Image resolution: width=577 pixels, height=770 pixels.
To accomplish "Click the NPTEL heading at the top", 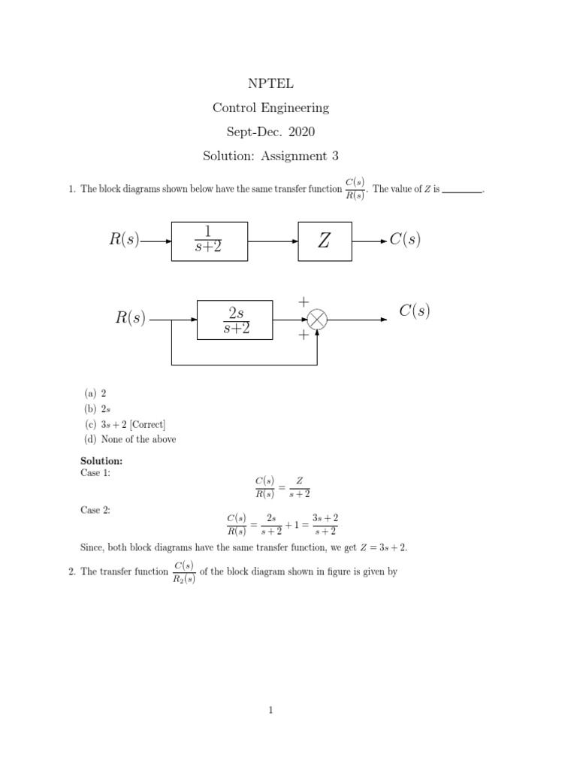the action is (270, 83).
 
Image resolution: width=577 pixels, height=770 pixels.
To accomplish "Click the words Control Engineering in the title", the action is (270, 108).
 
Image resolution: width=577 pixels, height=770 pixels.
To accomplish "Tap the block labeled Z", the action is (325, 241).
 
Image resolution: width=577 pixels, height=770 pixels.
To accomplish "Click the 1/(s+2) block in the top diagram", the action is (209, 241).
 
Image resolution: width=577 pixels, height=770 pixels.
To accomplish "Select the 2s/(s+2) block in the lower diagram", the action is (234, 319).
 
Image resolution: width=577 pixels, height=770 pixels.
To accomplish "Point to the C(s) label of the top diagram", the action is (405, 241).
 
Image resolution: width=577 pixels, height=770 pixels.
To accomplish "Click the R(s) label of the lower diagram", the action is (130, 318).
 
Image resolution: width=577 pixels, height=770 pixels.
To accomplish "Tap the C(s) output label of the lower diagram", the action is (415, 311).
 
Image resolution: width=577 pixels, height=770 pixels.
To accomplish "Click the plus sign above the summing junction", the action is (304, 301).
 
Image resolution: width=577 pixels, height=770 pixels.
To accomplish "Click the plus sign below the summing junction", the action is (304, 336).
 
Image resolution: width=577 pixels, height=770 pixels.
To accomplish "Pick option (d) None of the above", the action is (129, 439).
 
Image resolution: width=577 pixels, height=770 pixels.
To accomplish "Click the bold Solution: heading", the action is (101, 460).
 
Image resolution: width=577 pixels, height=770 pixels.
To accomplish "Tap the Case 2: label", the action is (95, 510).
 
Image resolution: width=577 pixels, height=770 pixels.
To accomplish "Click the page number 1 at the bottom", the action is (270, 717).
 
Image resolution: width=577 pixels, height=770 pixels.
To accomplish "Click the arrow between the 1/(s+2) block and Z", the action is (273, 241).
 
